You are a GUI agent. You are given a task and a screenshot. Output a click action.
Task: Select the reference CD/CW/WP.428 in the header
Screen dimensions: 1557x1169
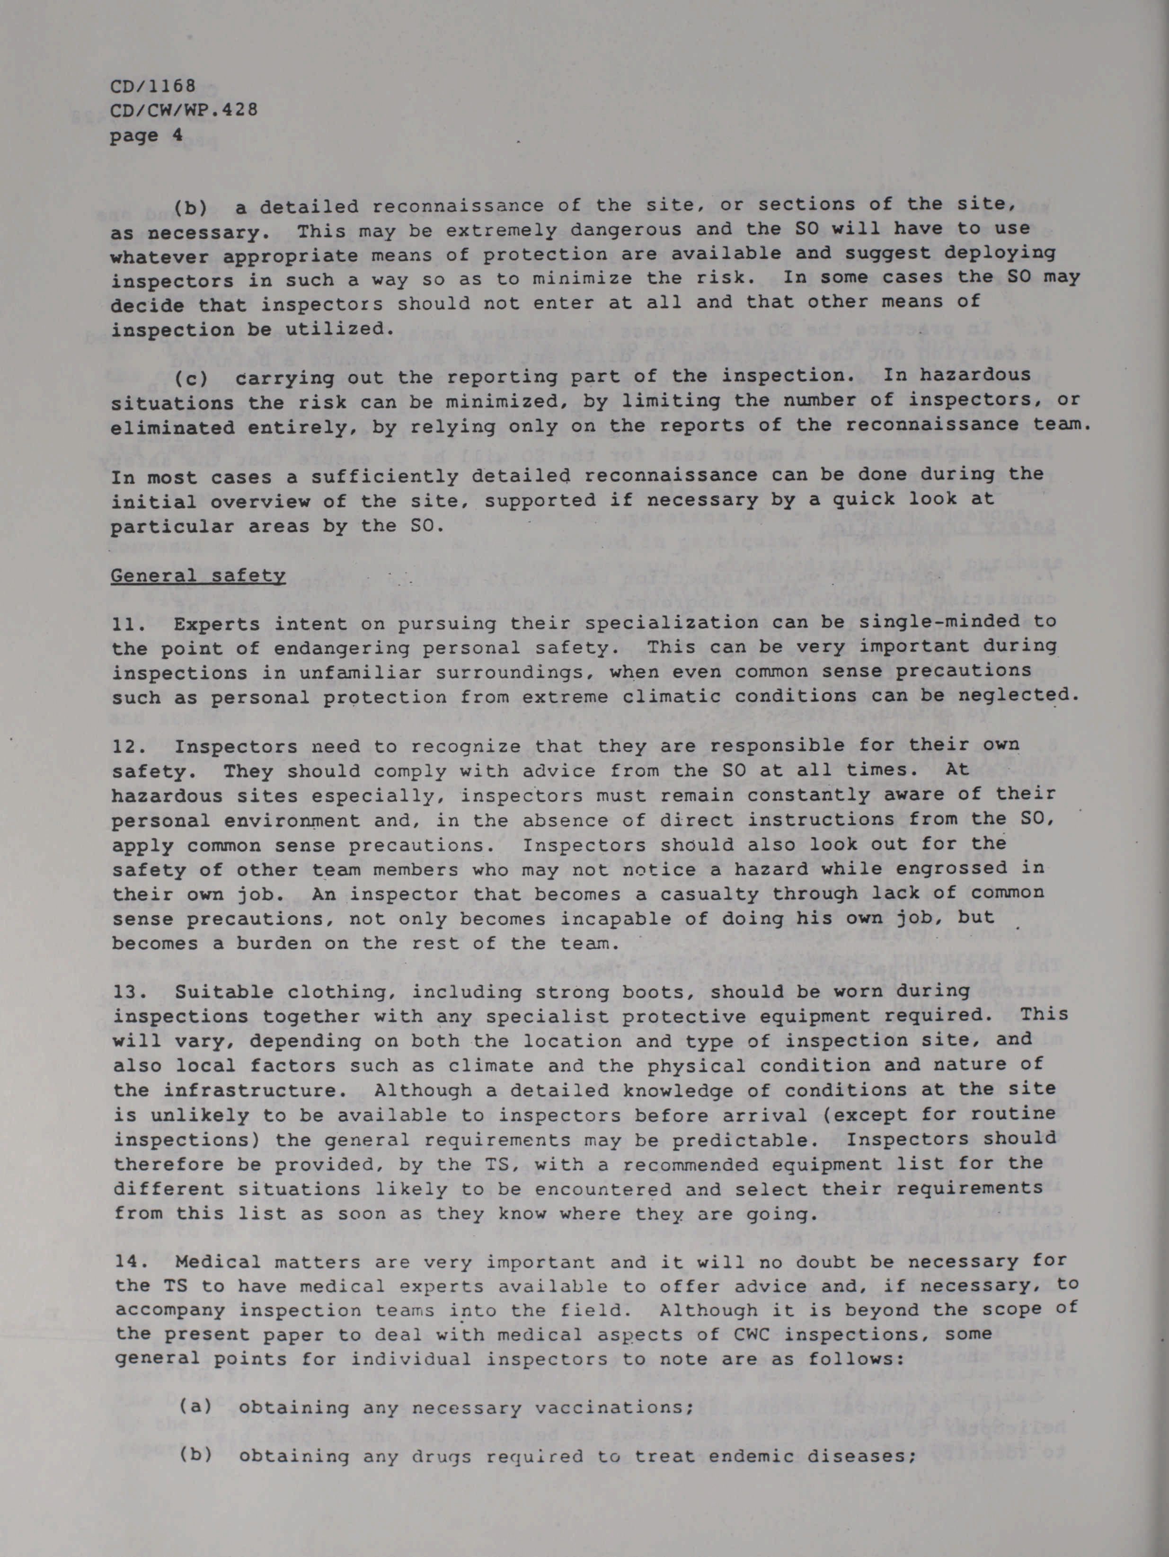pos(184,111)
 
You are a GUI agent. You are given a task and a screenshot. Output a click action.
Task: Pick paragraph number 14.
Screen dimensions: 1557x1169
pos(124,1263)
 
